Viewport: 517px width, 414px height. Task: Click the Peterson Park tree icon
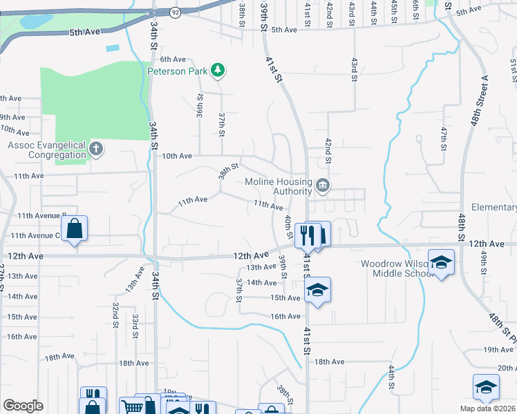pos(218,70)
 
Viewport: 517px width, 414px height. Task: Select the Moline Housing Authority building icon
pos(323,186)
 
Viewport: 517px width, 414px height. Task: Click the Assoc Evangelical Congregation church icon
pos(97,148)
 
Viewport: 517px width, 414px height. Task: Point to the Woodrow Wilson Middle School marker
pos(441,262)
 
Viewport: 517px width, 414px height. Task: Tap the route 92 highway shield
pos(175,12)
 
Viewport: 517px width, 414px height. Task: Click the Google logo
pos(23,406)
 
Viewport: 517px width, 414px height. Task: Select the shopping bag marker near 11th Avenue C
pos(74,229)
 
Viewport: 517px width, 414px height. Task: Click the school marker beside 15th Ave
pos(317,290)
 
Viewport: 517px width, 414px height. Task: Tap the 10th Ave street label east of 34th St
pos(177,156)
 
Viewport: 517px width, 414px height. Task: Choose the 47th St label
pos(444,138)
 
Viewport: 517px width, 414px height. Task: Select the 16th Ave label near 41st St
pos(285,317)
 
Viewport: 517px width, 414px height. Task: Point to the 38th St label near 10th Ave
pos(229,170)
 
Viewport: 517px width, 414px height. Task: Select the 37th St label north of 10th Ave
pos(222,125)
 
